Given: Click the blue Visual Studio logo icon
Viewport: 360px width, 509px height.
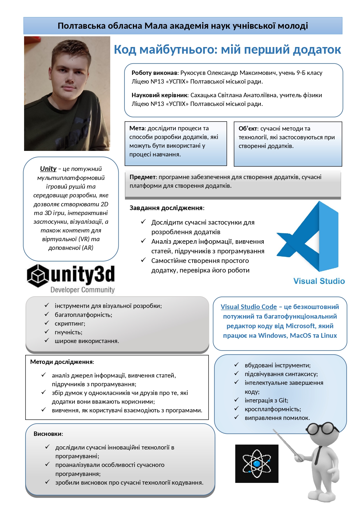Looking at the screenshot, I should [x=309, y=237].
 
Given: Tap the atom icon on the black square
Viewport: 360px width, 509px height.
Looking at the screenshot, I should [x=256, y=463].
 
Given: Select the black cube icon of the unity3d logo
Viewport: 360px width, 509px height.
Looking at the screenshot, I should [x=37, y=275].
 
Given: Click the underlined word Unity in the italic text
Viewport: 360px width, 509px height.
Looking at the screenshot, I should [x=48, y=169].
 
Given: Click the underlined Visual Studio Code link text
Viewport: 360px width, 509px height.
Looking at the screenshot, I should [x=249, y=307].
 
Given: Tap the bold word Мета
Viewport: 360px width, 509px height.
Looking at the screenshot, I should [x=137, y=128].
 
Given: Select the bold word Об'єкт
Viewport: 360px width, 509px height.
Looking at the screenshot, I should [x=247, y=129].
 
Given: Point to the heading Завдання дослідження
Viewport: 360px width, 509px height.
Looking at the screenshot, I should [x=166, y=208].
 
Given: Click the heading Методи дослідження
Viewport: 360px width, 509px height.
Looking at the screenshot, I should [x=61, y=362].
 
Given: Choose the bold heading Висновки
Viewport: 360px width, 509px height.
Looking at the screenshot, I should [x=48, y=434].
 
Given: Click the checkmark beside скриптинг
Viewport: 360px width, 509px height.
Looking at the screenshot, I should [x=47, y=323].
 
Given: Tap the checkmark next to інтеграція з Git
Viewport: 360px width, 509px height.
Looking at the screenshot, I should [x=237, y=400].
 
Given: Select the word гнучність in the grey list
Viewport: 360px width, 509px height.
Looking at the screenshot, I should [x=68, y=332].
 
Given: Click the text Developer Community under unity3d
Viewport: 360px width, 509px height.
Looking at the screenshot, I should [x=82, y=290].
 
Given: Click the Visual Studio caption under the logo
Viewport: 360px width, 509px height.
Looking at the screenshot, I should [x=319, y=281].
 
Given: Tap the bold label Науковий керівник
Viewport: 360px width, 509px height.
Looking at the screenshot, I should [x=160, y=95].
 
